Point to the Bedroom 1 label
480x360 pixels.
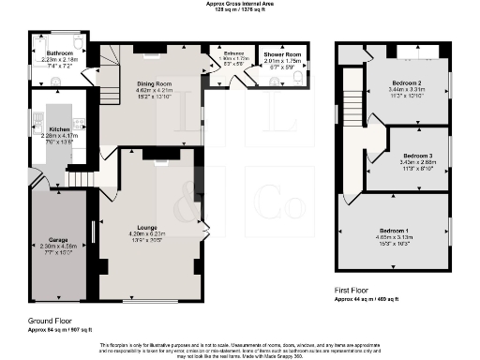pyautogui.click(x=393, y=230)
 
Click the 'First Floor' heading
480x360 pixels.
pyautogui.click(x=355, y=292)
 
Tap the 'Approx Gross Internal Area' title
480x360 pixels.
pyautogui.click(x=240, y=4)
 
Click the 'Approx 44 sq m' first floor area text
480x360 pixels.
pyautogui.click(x=374, y=300)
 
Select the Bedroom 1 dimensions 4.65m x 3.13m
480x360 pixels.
pyautogui.click(x=393, y=236)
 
